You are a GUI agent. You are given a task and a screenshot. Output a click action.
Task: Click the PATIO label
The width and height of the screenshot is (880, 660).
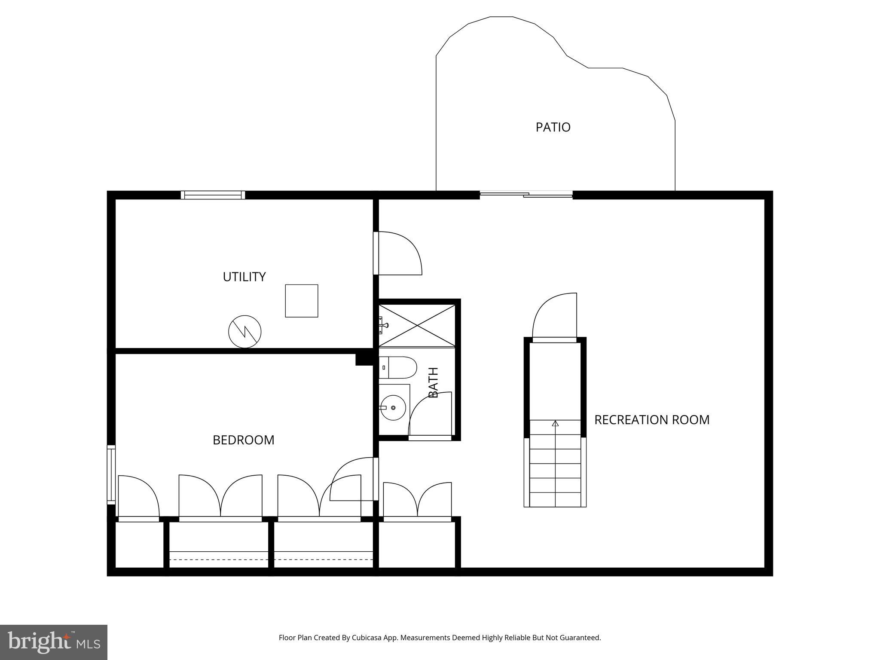click(x=553, y=127)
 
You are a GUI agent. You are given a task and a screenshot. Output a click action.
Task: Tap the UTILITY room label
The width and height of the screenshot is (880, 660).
click(x=244, y=277)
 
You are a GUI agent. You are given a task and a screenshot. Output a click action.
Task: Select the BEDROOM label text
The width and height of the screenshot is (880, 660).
click(x=243, y=440)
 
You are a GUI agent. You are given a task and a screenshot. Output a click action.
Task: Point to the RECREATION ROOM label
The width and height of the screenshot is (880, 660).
click(x=651, y=420)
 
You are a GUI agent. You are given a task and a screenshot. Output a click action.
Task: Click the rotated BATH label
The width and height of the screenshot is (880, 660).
click(x=433, y=382)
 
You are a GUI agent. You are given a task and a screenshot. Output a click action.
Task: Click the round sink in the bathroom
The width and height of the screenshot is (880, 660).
click(x=393, y=407)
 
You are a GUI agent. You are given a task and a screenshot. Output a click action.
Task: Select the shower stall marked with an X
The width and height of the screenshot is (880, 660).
click(x=417, y=325)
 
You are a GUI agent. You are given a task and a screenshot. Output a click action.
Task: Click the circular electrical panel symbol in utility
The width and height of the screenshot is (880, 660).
click(x=244, y=331)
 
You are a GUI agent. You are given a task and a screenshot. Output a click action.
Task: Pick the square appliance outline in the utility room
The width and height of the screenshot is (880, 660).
click(x=301, y=301)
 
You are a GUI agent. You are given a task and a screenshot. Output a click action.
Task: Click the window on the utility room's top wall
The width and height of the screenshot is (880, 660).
click(x=213, y=195)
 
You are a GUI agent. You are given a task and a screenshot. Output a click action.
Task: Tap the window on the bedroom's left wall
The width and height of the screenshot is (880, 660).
click(x=111, y=474)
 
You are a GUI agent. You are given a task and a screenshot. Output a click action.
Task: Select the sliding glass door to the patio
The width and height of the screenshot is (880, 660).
click(x=526, y=195)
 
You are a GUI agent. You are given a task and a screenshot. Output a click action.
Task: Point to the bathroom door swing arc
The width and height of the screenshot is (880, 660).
click(x=430, y=415)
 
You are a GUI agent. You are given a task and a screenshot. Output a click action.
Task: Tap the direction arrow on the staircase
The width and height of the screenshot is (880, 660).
click(x=555, y=424)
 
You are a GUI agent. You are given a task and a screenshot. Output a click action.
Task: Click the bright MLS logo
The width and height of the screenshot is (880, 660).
click(x=53, y=642)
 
